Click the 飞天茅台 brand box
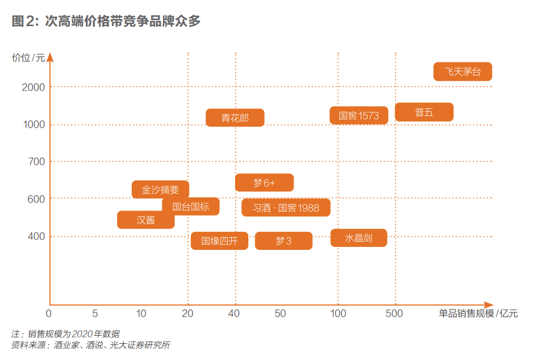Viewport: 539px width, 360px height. tap(462, 72)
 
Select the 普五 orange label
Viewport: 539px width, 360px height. tap(424, 112)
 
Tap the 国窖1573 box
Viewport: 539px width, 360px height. tap(359, 116)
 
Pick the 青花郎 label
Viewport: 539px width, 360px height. tap(235, 118)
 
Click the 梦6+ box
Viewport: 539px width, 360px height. tap(264, 183)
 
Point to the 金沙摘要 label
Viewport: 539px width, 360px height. tap(160, 190)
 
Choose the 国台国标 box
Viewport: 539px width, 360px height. tap(190, 206)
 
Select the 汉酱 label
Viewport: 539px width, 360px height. tap(146, 220)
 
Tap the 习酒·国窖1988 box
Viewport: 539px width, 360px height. tap(285, 208)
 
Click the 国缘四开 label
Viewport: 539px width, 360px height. tap(219, 241)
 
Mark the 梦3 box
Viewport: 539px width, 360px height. tap(283, 241)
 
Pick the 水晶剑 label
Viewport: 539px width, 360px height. tap(359, 238)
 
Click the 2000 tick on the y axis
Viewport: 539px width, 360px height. tap(34, 87)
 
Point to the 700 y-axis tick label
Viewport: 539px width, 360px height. tap(37, 162)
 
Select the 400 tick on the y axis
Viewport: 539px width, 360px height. tap(37, 237)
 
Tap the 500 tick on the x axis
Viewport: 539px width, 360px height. tap(395, 314)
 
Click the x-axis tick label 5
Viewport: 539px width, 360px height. tap(95, 314)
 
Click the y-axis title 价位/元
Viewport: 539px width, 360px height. tap(28, 57)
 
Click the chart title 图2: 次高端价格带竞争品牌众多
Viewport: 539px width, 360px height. tap(106, 21)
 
